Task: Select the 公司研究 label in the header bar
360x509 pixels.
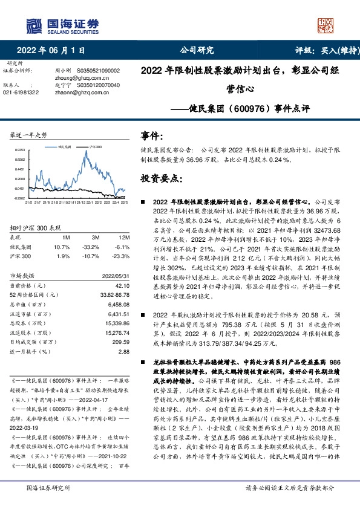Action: [x=197, y=50]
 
